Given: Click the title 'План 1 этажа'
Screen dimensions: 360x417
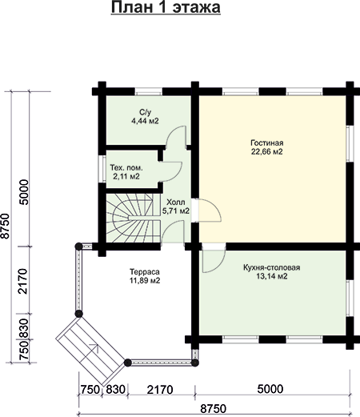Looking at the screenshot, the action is click(x=166, y=7).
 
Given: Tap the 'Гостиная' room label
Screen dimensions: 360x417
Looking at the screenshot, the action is click(x=267, y=142).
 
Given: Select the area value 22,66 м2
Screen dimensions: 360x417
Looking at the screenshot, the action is click(x=266, y=152).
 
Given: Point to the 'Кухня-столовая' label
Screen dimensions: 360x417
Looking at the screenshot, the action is click(x=272, y=267).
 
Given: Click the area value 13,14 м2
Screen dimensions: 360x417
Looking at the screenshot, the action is click(x=272, y=276).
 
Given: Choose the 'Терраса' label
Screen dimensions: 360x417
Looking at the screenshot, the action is click(x=145, y=272).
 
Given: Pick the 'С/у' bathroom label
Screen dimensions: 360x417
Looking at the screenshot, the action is click(x=145, y=112).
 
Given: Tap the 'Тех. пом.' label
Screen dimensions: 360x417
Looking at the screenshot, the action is click(x=126, y=168).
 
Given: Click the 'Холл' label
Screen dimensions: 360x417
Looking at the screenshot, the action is click(x=175, y=202).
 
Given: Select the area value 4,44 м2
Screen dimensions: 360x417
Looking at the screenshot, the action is click(x=145, y=121).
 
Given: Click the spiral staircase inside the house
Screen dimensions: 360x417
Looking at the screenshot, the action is click(x=134, y=218).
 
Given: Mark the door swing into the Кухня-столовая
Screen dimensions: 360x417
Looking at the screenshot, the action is click(x=214, y=258).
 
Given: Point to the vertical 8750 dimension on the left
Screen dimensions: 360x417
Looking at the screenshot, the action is click(x=6, y=226).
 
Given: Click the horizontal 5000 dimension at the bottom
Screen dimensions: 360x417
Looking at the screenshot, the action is click(x=270, y=389).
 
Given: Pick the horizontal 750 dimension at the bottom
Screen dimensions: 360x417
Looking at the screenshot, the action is click(x=90, y=390).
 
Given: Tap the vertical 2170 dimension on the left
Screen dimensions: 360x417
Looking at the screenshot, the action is click(x=23, y=281).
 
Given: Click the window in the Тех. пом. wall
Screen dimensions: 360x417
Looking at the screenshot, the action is click(x=102, y=169).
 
